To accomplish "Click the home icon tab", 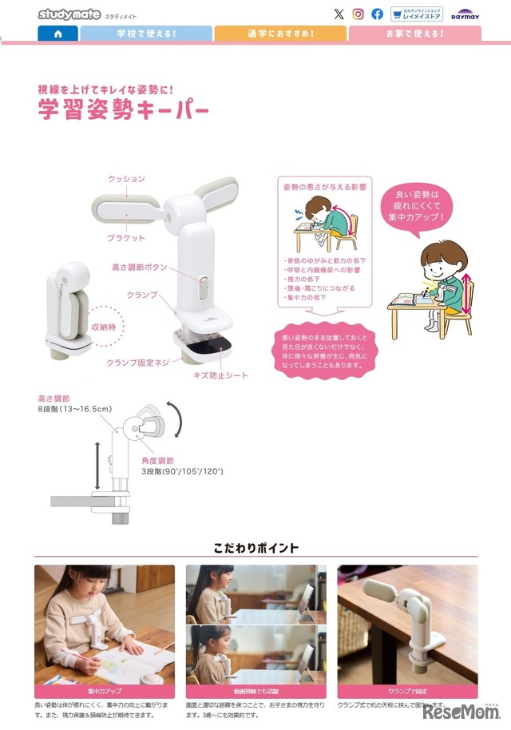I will coord(57,34).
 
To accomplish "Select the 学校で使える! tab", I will coord(146,34).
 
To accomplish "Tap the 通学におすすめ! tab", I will coord(280,34).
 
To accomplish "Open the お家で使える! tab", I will coord(414,34).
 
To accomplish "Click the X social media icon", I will coord(339,14).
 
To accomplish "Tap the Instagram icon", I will coord(358,14).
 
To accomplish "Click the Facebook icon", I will coord(378,14).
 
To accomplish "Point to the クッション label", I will coord(126,180).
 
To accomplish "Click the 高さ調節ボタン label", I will coord(140,268).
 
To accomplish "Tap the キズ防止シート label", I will coord(220,375).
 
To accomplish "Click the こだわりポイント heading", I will coord(255,548).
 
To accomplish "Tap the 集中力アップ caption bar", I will coord(104,691).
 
